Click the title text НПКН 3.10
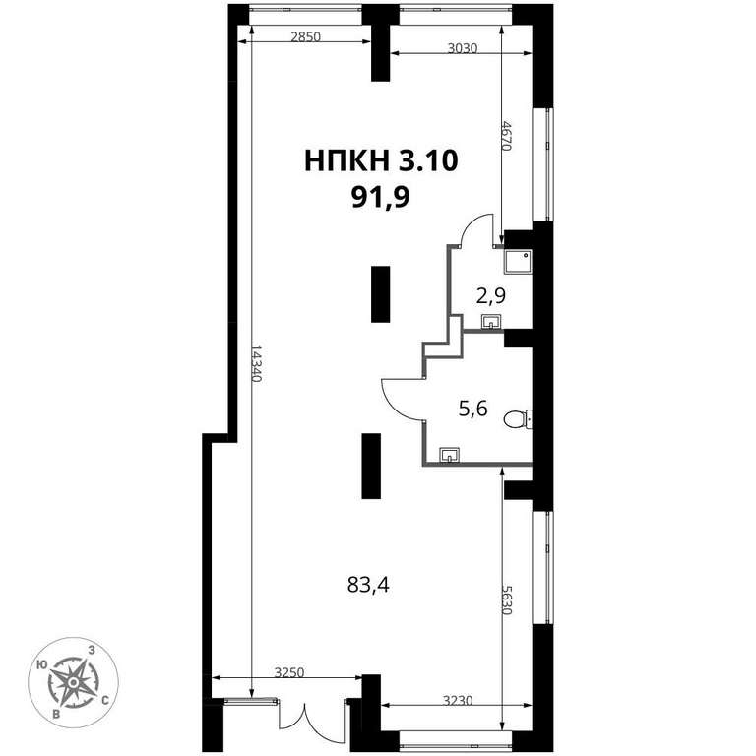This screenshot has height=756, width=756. point(381,160)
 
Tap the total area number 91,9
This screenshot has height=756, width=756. point(380,197)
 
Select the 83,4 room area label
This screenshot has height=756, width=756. point(368,586)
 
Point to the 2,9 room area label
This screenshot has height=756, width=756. point(491,295)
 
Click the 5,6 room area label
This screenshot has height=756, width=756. point(472,409)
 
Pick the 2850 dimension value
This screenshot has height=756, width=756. point(306,36)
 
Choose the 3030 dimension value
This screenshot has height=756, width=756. point(463,48)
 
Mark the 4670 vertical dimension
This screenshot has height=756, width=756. point(506,136)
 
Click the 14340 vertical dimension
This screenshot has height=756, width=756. point(256,363)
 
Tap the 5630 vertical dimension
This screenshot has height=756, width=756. point(506,599)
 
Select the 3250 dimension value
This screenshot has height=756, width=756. point(289,672)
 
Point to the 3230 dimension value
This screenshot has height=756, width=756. point(458,700)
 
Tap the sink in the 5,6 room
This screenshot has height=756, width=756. point(449,455)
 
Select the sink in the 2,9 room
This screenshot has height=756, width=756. point(491,321)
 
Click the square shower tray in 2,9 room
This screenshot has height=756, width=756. point(518,262)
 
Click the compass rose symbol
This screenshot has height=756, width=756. point(73,682)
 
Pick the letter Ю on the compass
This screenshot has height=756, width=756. point(41,665)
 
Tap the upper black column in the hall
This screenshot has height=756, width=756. point(380,293)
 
